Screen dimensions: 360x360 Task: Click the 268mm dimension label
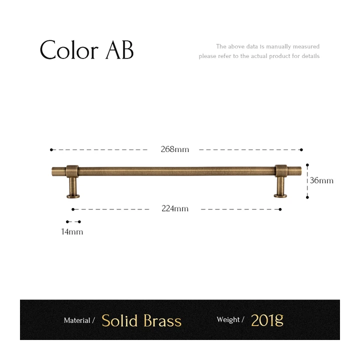pyautogui.click(x=174, y=149)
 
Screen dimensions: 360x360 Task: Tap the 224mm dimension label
pyautogui.click(x=175, y=208)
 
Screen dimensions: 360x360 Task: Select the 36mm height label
pyautogui.click(x=321, y=180)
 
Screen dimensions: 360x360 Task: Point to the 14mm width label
pyautogui.click(x=72, y=231)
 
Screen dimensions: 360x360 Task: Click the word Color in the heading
pyautogui.click(x=69, y=50)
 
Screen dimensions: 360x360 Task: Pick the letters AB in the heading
pyautogui.click(x=119, y=50)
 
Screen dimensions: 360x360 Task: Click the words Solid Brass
pyautogui.click(x=141, y=320)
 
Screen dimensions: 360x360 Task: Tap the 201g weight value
pyautogui.click(x=267, y=320)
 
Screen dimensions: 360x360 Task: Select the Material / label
pyautogui.click(x=79, y=320)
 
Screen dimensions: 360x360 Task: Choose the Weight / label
pyautogui.click(x=230, y=319)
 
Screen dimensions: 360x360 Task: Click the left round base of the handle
pyautogui.click(x=73, y=196)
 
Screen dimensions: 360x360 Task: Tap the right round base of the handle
pyautogui.click(x=280, y=195)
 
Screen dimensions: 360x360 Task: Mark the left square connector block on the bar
pyautogui.click(x=72, y=171)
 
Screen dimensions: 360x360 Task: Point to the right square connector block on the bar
pyautogui.click(x=281, y=171)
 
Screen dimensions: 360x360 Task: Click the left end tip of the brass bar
pyautogui.click(x=52, y=171)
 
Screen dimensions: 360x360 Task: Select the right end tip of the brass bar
pyautogui.click(x=301, y=171)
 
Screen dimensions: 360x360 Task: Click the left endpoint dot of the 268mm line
pyautogui.click(x=51, y=149)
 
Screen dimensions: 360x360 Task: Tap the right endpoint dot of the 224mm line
pyautogui.click(x=280, y=209)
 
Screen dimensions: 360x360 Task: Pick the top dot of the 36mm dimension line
pyautogui.click(x=307, y=165)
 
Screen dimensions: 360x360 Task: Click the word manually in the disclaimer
pyautogui.click(x=278, y=46)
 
